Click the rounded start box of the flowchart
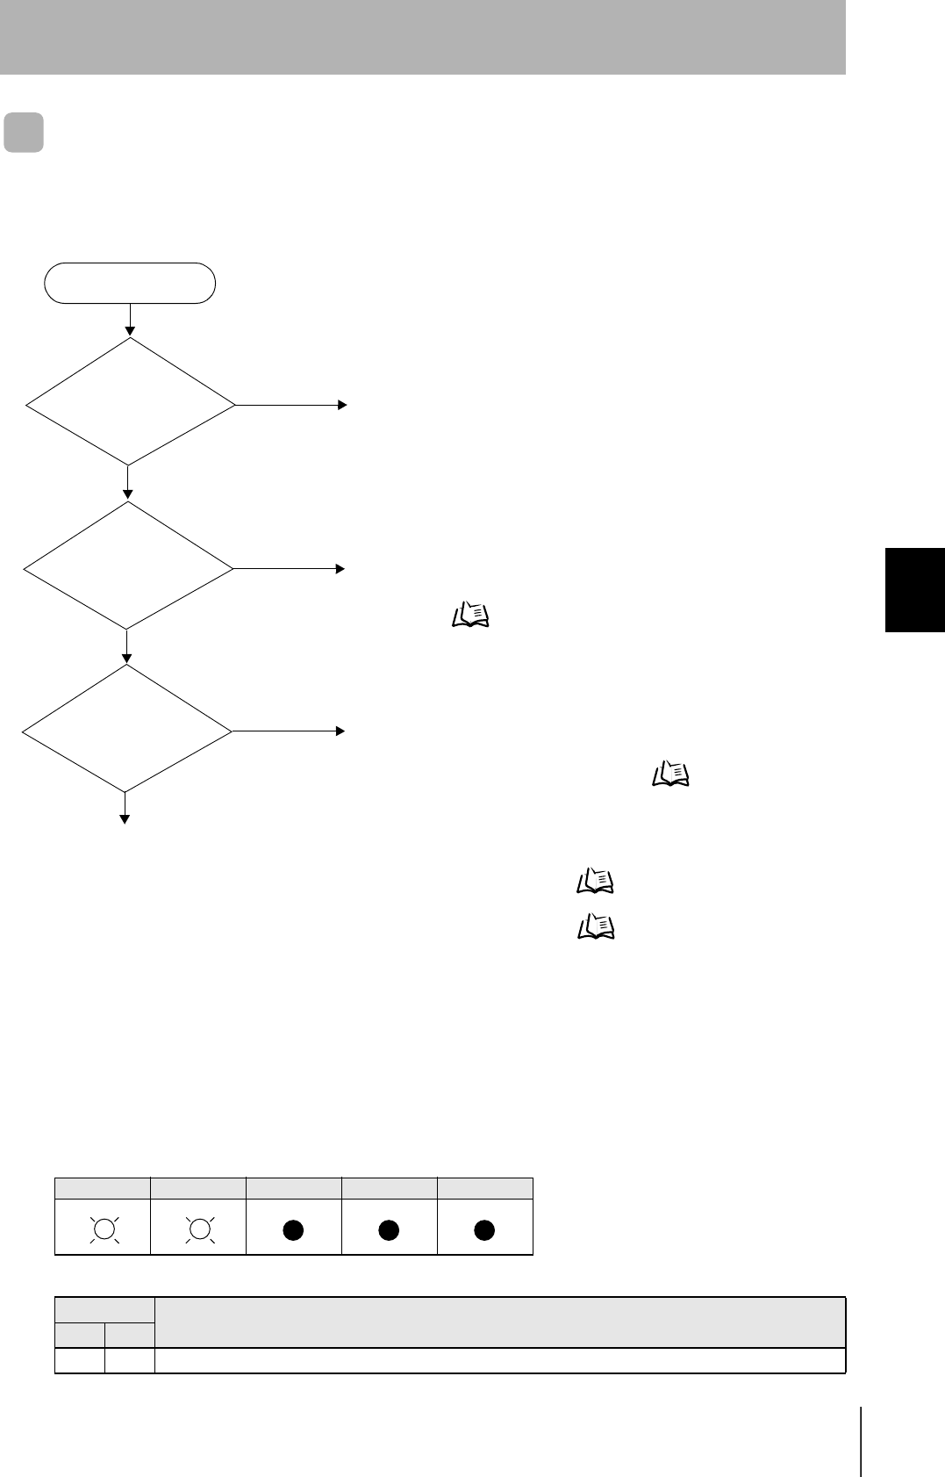point(130,283)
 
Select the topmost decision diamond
point(131,402)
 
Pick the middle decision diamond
point(128,566)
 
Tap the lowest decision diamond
point(126,729)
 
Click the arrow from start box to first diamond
point(130,320)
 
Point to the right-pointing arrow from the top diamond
point(291,405)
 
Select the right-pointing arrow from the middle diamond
point(290,569)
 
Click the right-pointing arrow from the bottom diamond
point(289,731)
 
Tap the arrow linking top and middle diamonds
point(128,483)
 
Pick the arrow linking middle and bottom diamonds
point(127,646)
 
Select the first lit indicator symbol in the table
point(104,1229)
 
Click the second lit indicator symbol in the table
point(199,1229)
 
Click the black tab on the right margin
point(915,589)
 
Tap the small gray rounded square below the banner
point(24,133)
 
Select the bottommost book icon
point(596,927)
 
